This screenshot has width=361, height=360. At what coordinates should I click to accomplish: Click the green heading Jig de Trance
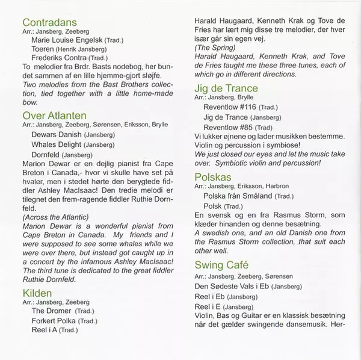pyautogui.click(x=226, y=88)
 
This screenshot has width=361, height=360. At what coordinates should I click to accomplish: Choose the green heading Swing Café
pyautogui.click(x=220, y=265)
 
